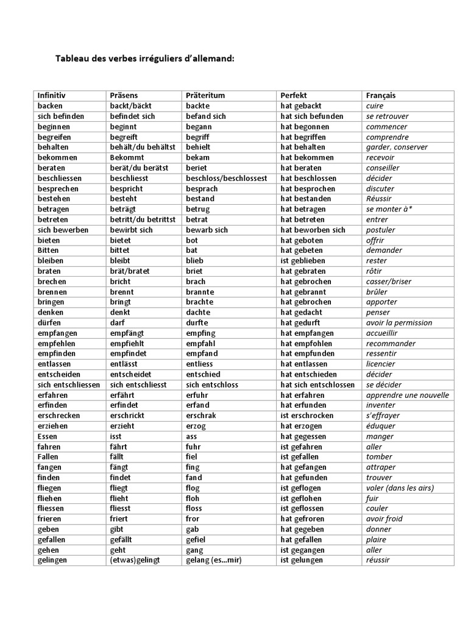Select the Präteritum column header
click(205, 96)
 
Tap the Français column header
click(380, 96)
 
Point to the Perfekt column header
click(294, 96)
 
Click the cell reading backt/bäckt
click(130, 106)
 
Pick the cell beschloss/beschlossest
click(226, 179)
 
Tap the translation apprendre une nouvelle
click(407, 395)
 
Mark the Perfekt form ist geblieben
click(303, 261)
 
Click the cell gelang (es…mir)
click(213, 560)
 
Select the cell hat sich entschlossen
click(317, 385)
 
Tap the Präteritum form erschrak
click(201, 416)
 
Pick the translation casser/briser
click(388, 282)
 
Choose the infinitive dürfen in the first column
click(49, 323)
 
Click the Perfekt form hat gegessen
click(303, 436)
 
